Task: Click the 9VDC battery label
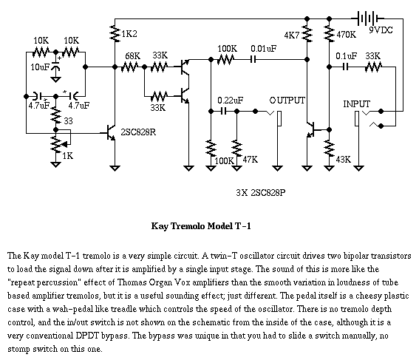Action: [x=381, y=30]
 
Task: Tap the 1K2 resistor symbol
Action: [x=115, y=33]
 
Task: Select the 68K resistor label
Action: [x=132, y=56]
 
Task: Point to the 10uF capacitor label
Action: [x=40, y=67]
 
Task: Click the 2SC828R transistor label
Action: [x=138, y=132]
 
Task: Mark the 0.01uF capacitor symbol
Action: [x=253, y=59]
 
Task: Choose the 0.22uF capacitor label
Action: [x=231, y=101]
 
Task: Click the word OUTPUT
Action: [x=287, y=101]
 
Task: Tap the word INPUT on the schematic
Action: [x=357, y=104]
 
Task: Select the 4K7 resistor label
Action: [x=292, y=35]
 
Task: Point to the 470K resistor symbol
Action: [x=330, y=33]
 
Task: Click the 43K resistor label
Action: [x=344, y=160]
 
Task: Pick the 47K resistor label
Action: [x=251, y=160]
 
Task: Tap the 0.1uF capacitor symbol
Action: [x=346, y=67]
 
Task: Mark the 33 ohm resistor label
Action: [x=68, y=121]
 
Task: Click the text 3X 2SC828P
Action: [x=261, y=192]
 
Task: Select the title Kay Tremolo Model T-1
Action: [x=201, y=226]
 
